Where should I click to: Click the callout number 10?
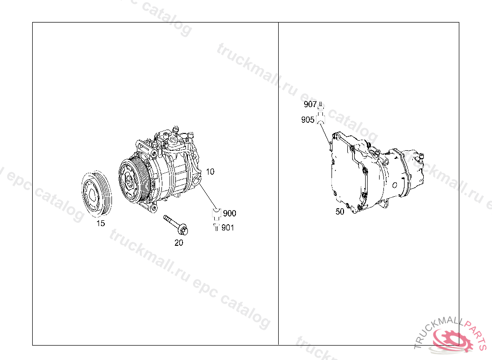click(x=210, y=171)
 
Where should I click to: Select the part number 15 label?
click(x=100, y=223)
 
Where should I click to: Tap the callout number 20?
click(x=179, y=242)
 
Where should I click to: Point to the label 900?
click(x=229, y=213)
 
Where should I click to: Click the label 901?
click(x=228, y=228)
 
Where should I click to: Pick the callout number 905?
click(x=307, y=120)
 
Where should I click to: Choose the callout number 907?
click(x=310, y=105)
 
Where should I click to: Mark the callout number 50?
click(x=340, y=212)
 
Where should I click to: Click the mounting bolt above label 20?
click(x=176, y=225)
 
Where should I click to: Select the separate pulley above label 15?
click(x=97, y=194)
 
